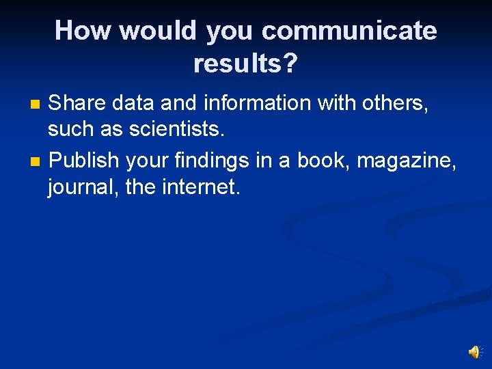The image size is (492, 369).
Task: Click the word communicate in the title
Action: [348, 31]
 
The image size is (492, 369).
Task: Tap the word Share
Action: [78, 103]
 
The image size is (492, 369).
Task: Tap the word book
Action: [323, 161]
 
